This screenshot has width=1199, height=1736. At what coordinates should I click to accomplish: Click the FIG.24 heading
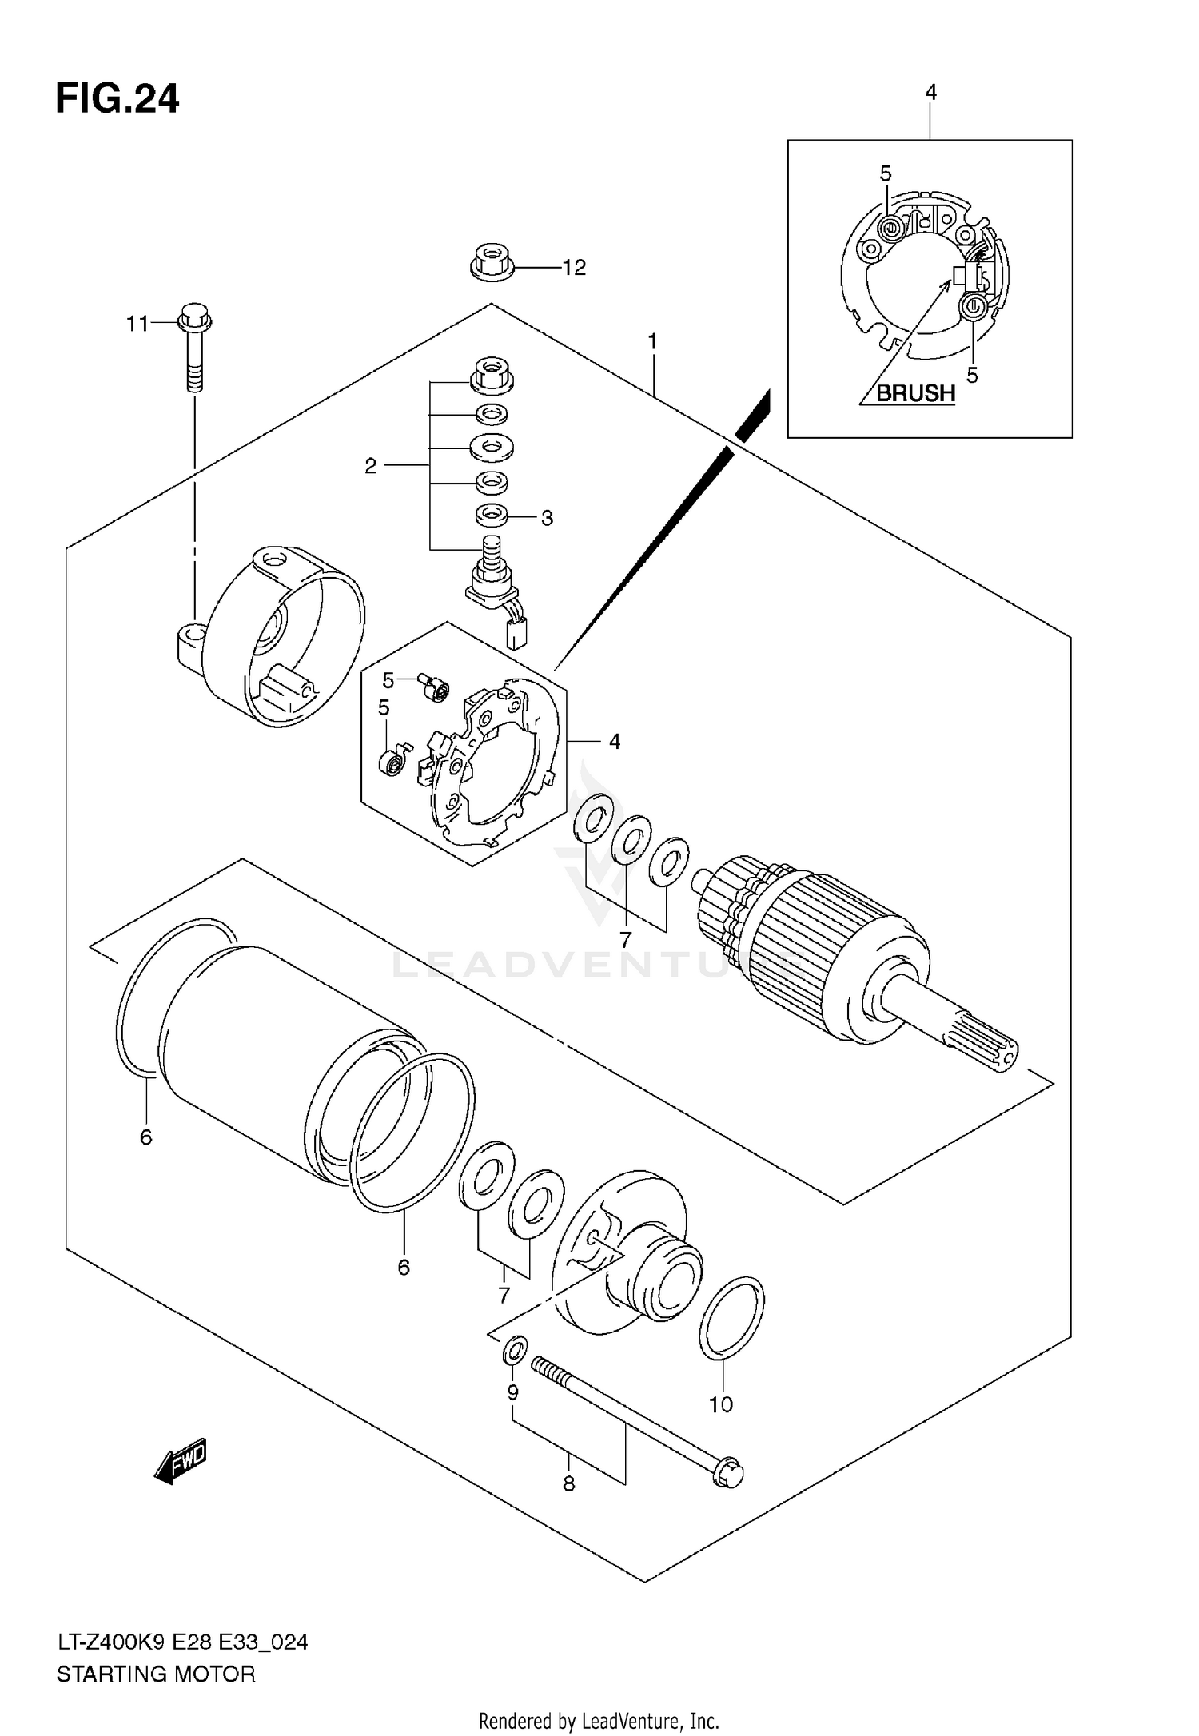(118, 100)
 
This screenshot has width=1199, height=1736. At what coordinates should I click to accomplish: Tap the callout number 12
(574, 268)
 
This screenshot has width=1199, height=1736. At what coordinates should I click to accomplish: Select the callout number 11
(137, 324)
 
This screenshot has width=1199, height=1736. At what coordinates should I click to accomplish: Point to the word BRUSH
(916, 393)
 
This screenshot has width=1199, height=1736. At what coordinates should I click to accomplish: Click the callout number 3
(547, 518)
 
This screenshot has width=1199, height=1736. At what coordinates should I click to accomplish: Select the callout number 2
(370, 466)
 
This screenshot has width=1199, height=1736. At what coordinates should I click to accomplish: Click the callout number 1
(652, 342)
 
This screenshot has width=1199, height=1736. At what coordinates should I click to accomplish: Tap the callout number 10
(720, 1404)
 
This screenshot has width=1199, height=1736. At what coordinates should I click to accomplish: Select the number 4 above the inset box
(930, 93)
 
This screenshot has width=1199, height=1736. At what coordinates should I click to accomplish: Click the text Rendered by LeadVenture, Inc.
(599, 1721)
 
